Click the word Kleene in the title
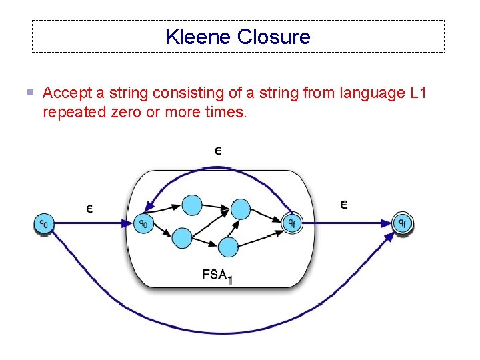(199, 37)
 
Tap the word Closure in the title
(273, 37)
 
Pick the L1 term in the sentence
(417, 93)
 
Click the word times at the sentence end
(226, 112)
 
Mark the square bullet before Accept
(30, 93)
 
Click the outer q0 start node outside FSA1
(43, 223)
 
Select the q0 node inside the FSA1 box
(143, 223)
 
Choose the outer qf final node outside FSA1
(402, 223)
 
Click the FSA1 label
(217, 275)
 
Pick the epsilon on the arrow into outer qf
(343, 204)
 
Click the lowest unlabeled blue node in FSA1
(229, 247)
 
